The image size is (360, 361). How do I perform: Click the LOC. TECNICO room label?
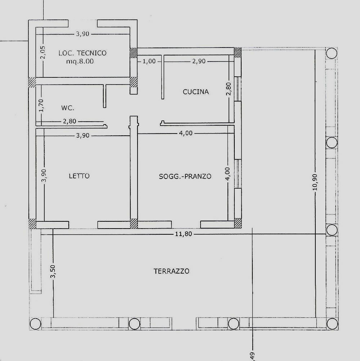click(x=82, y=53)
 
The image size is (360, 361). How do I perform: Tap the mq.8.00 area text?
click(x=80, y=62)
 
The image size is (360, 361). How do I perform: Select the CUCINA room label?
click(x=196, y=92)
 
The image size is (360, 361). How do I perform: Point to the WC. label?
click(x=68, y=108)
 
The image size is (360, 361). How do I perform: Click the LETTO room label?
click(x=79, y=176)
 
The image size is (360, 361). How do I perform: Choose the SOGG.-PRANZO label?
click(x=185, y=176)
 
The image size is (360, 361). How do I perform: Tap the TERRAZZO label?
click(x=171, y=271)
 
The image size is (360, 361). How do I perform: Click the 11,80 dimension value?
click(x=184, y=234)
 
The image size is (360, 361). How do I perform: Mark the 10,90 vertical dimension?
click(x=315, y=182)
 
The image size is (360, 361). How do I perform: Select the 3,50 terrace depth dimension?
click(x=53, y=271)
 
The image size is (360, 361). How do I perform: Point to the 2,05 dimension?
click(x=43, y=52)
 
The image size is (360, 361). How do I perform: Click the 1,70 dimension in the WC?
click(x=41, y=105)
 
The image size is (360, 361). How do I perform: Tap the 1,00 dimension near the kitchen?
click(x=149, y=62)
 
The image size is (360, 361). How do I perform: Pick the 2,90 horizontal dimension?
click(x=199, y=61)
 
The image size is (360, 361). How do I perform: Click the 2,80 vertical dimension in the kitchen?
click(x=229, y=89)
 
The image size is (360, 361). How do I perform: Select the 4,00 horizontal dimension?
click(x=186, y=133)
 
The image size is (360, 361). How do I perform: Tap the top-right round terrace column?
click(x=332, y=53)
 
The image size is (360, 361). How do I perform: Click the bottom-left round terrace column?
click(x=36, y=324)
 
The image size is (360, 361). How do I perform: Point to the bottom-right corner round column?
click(x=332, y=324)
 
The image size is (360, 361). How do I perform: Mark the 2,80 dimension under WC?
click(x=69, y=121)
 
